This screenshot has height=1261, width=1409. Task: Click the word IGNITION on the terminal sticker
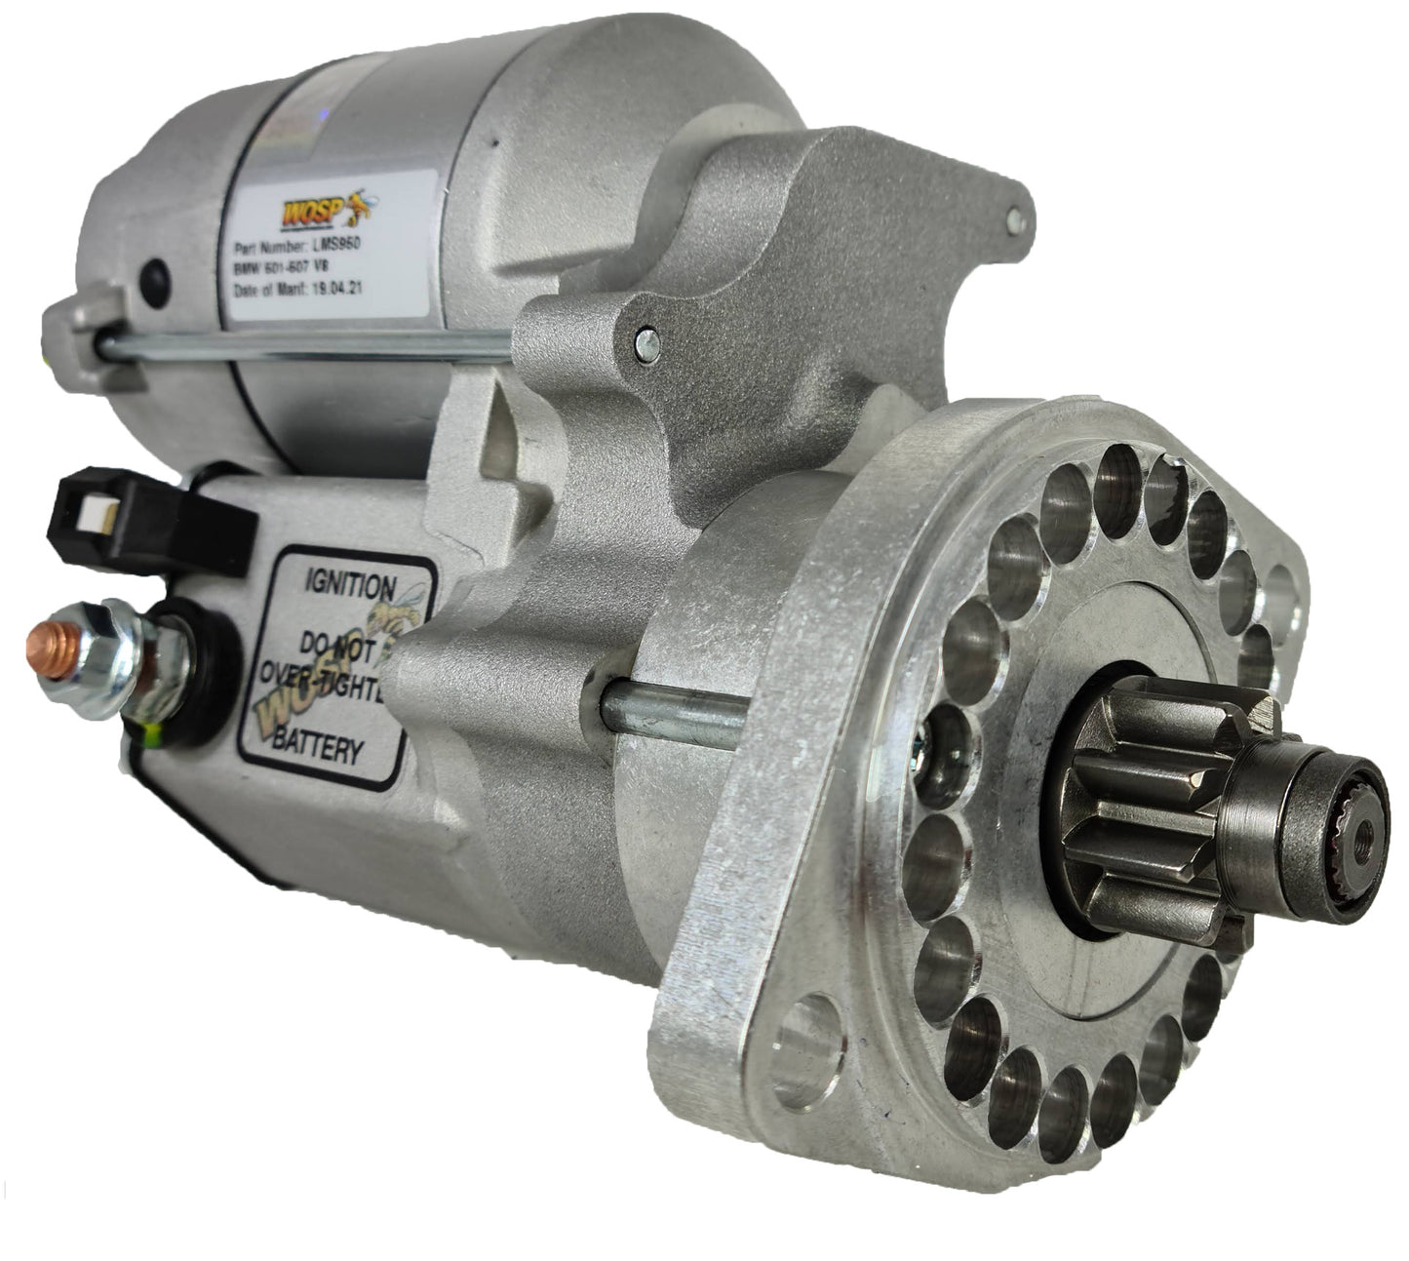point(350,586)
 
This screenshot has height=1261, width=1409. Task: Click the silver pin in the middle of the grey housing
point(644,341)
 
